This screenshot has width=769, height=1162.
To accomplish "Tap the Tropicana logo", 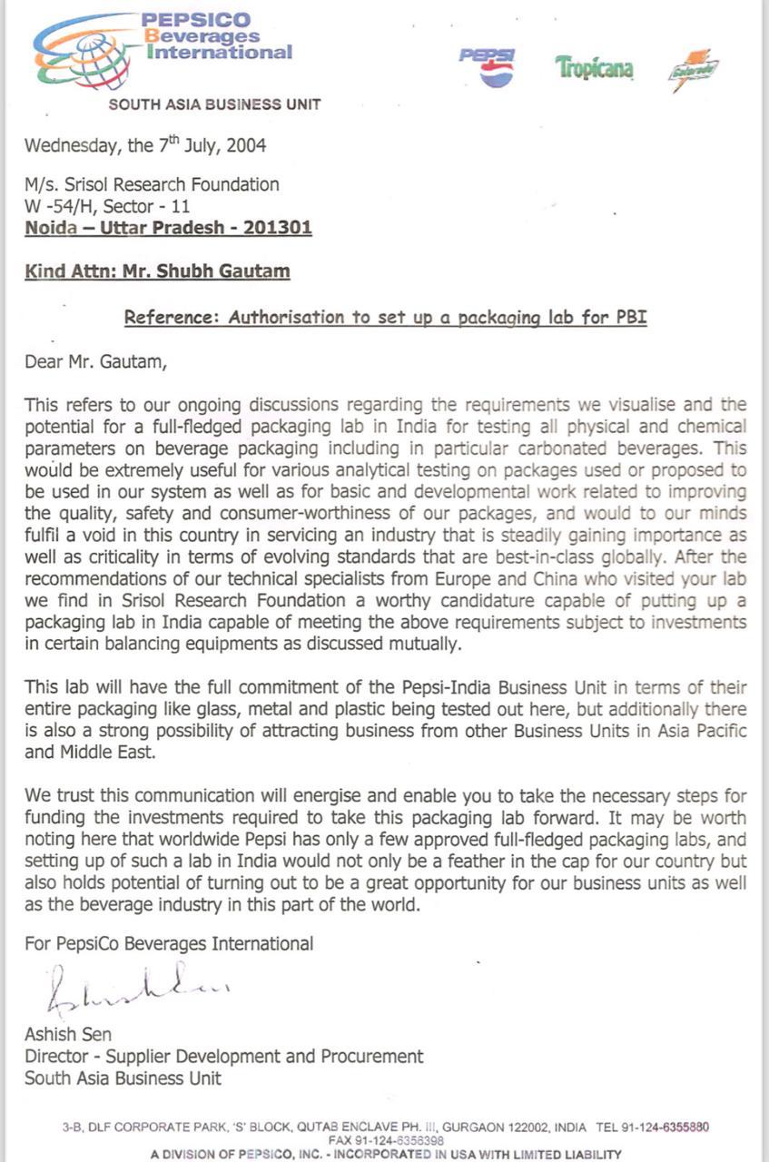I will [x=594, y=68].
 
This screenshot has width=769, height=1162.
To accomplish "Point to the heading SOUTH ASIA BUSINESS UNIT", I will [x=214, y=104].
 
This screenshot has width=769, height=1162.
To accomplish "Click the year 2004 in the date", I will [x=246, y=145].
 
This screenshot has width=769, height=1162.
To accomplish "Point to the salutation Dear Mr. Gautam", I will [x=96, y=363].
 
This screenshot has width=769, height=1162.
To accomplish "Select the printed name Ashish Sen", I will [x=68, y=1035].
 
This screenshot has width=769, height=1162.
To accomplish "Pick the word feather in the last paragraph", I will [x=496, y=861].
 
